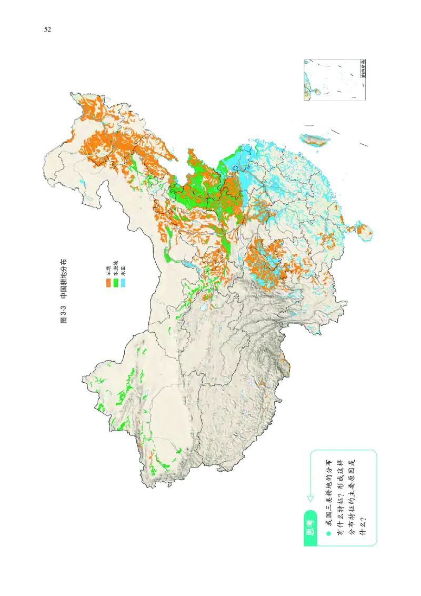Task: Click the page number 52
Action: pyautogui.click(x=47, y=29)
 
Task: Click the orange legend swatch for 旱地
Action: pyautogui.click(x=108, y=283)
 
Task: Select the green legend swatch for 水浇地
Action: pyautogui.click(x=116, y=283)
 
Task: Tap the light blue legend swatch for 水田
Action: pyautogui.click(x=123, y=283)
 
